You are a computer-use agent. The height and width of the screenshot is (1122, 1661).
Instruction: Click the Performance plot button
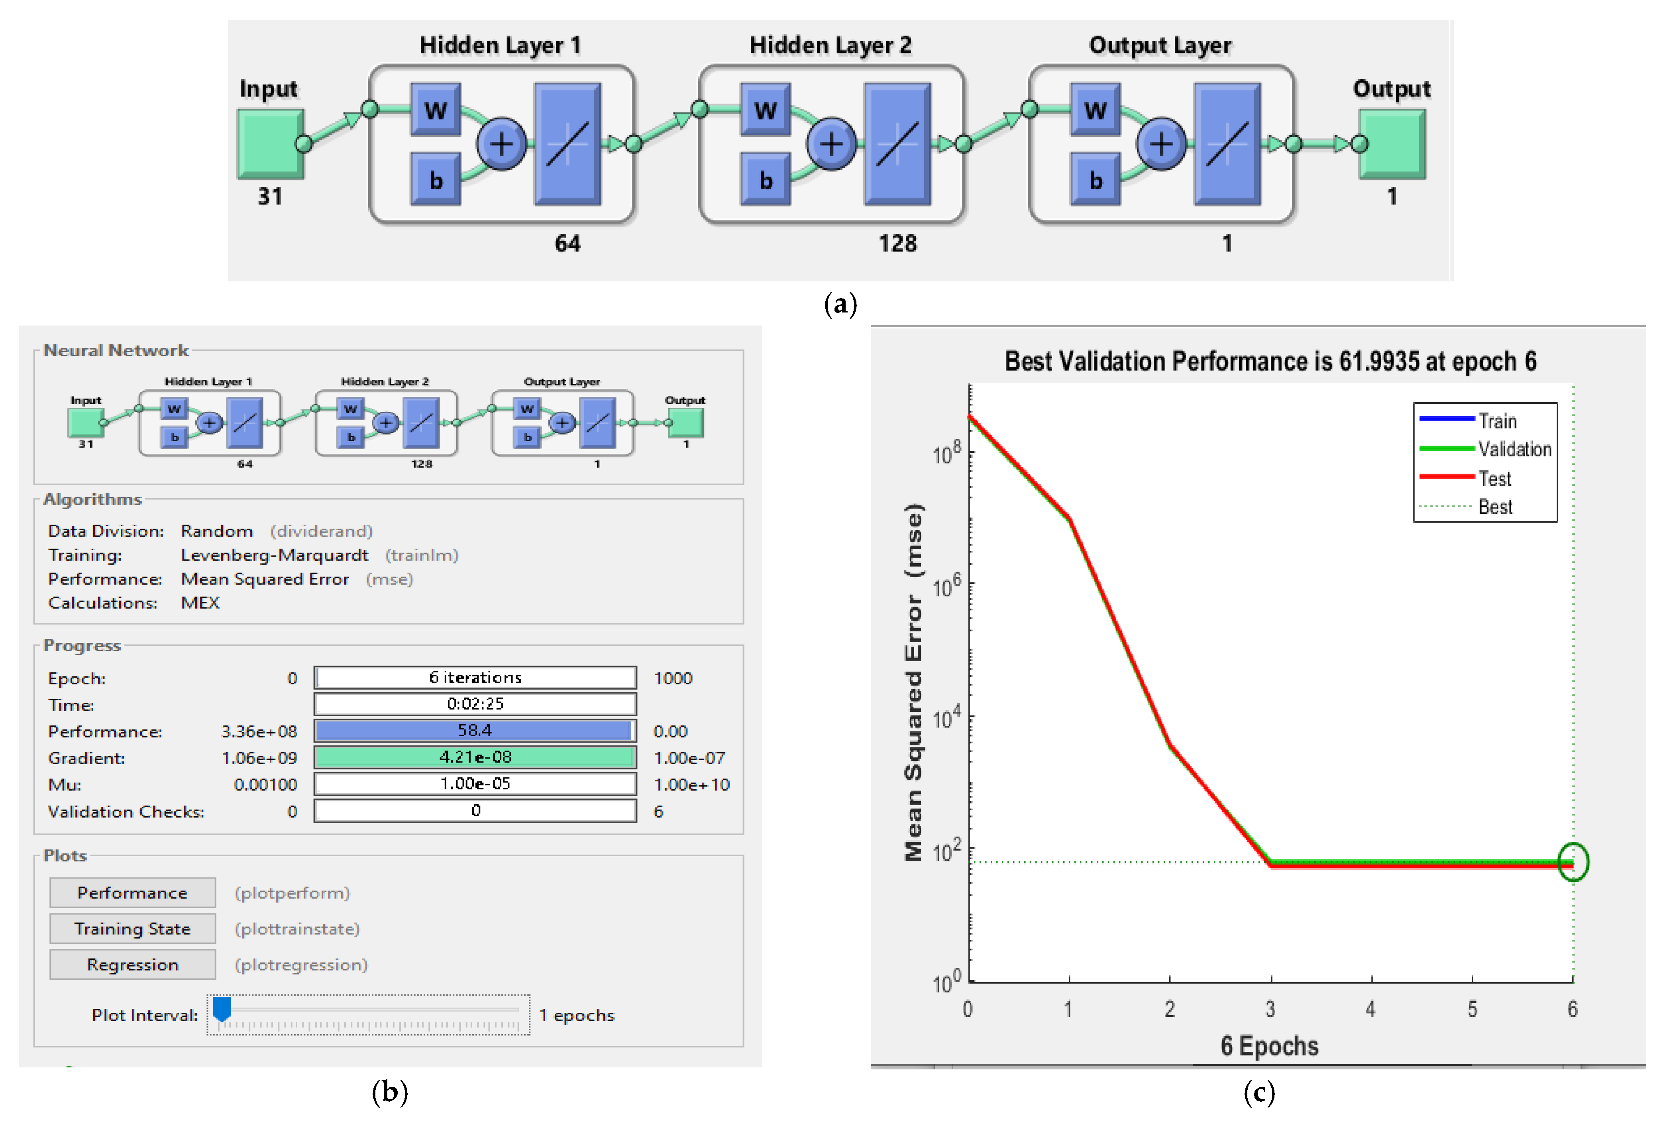coord(132,892)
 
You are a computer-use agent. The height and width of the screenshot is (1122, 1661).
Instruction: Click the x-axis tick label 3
coord(1270,1009)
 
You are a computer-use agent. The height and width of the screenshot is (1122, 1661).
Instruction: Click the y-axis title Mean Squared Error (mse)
coord(913,682)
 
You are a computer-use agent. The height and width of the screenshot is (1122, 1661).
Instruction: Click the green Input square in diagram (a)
coord(270,143)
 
